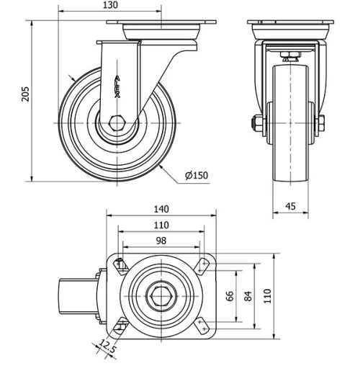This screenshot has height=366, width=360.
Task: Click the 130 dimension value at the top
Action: (x=109, y=6)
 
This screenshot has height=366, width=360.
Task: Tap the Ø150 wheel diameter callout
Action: (x=197, y=176)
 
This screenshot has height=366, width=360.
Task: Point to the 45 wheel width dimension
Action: (x=291, y=206)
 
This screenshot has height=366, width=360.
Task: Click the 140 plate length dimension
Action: (x=161, y=209)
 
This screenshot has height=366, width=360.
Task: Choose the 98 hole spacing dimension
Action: (x=161, y=241)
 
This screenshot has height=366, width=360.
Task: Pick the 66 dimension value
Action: (x=230, y=297)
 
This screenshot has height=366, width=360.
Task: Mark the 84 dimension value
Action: (x=248, y=297)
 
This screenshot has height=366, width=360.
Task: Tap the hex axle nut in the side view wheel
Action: (x=117, y=123)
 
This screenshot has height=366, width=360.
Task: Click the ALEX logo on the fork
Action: (x=118, y=85)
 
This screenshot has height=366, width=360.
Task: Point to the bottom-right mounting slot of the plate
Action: (x=204, y=325)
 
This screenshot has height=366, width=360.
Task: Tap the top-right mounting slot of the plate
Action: (x=204, y=266)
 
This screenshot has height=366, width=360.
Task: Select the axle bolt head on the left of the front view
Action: (x=256, y=123)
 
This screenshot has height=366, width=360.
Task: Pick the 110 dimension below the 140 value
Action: (x=161, y=225)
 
